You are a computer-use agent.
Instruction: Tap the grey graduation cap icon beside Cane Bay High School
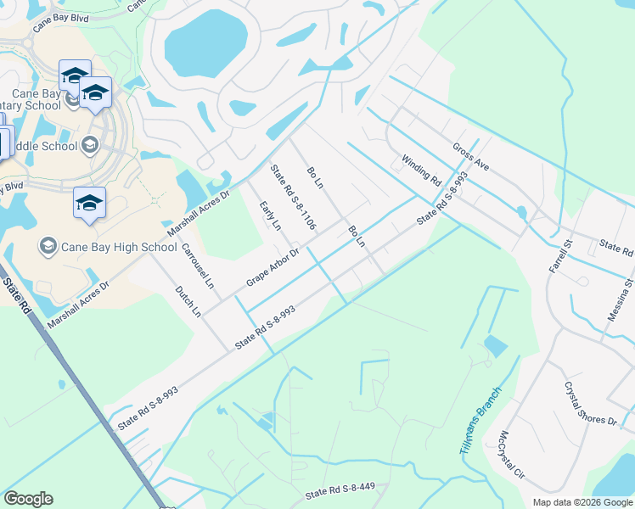pyautogui.click(x=48, y=247)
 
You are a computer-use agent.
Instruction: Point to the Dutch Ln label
pyautogui.click(x=188, y=301)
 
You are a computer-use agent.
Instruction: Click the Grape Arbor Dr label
pyautogui.click(x=273, y=266)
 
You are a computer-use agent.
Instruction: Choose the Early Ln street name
pyautogui.click(x=270, y=215)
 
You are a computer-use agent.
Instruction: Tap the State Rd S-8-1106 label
pyautogui.click(x=294, y=198)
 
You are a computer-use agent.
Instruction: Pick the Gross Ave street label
pyautogui.click(x=470, y=157)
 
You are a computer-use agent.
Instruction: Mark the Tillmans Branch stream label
pyautogui.click(x=480, y=420)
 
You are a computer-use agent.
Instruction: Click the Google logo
pyautogui.click(x=28, y=499)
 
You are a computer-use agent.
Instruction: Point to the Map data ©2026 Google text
pyautogui.click(x=582, y=502)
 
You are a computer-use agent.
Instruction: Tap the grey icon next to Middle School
pyautogui.click(x=89, y=146)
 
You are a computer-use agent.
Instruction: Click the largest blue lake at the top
pyautogui.click(x=205, y=44)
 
